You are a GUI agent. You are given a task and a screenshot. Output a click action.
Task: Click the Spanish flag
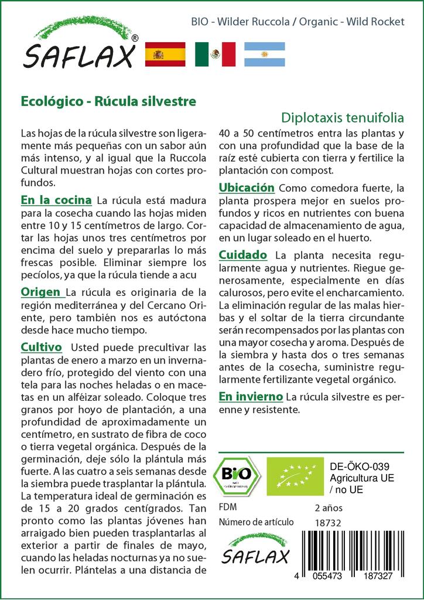point(165,54)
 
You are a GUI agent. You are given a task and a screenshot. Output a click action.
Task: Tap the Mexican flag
point(215,54)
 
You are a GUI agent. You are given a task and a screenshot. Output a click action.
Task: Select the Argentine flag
point(264,54)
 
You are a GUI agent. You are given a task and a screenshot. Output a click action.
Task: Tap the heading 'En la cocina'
point(56,199)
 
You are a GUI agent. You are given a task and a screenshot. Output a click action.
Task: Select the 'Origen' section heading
point(40,292)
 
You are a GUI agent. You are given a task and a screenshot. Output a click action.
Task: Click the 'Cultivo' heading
point(42,346)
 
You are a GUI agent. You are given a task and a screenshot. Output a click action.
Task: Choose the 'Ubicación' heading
point(247,187)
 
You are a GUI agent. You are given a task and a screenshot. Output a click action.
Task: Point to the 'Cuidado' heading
point(243,255)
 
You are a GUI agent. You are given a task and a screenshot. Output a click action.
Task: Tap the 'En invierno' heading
point(251,397)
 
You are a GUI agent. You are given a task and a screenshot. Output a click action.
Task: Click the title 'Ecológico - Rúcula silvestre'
point(108,100)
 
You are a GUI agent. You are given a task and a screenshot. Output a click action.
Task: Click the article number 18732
point(328,522)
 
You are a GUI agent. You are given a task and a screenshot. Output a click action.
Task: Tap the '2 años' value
point(329,507)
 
